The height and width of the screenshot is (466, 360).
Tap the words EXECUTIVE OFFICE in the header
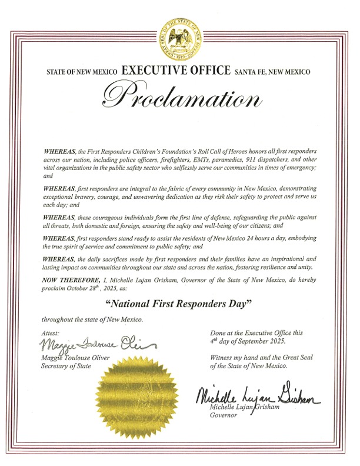[175, 71]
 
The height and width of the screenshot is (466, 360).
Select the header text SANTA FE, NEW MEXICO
[272, 72]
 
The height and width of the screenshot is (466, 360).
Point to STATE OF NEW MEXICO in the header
[82, 72]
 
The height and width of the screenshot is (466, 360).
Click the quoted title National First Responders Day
[178, 304]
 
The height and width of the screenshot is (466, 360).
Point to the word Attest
[52, 333]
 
